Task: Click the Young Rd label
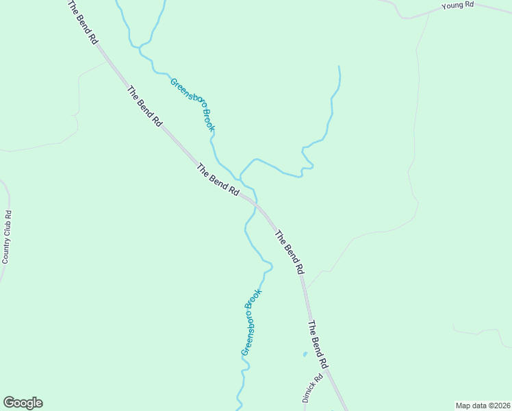click(x=458, y=5)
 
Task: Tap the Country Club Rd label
click(x=8, y=236)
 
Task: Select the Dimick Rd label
click(x=312, y=388)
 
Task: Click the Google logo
click(x=23, y=403)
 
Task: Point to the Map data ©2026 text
click(x=482, y=406)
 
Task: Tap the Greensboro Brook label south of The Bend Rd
click(x=252, y=322)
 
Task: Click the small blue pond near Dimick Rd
click(x=304, y=354)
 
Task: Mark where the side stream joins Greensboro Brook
click(x=241, y=174)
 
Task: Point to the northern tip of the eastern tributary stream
click(x=338, y=67)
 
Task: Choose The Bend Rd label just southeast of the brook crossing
click(x=288, y=253)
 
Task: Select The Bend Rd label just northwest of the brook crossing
click(x=218, y=180)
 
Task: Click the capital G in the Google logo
click(x=9, y=402)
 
